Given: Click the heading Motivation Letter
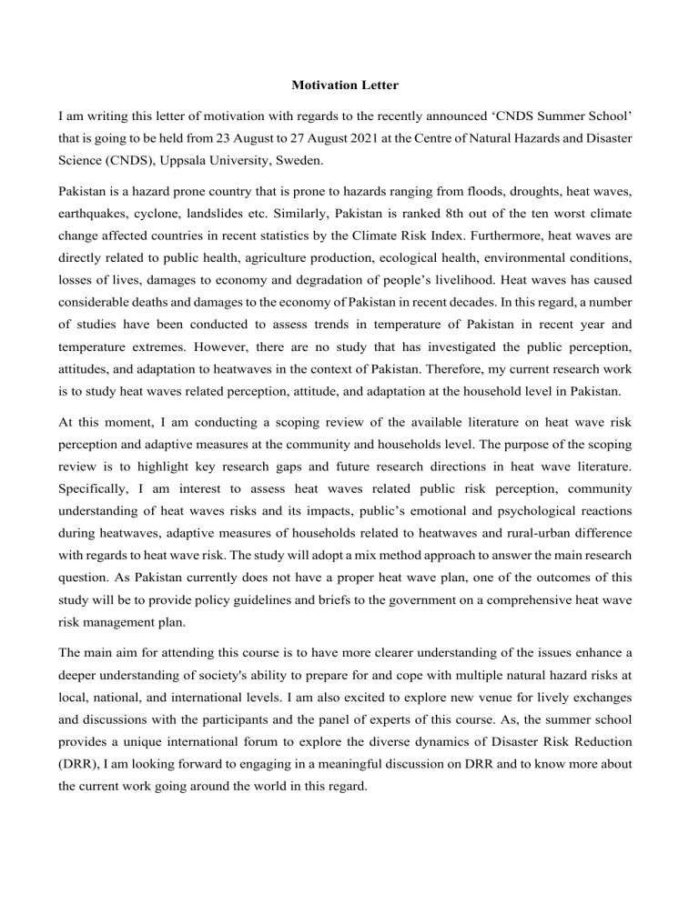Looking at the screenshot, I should click(349, 87).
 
